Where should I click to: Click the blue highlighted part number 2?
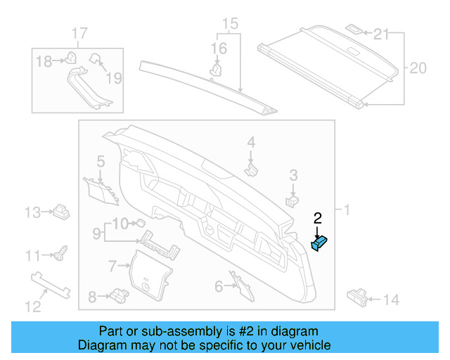321,243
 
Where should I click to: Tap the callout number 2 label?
317,219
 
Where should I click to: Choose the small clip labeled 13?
61,210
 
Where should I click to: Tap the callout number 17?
79,33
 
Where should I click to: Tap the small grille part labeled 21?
355,30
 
